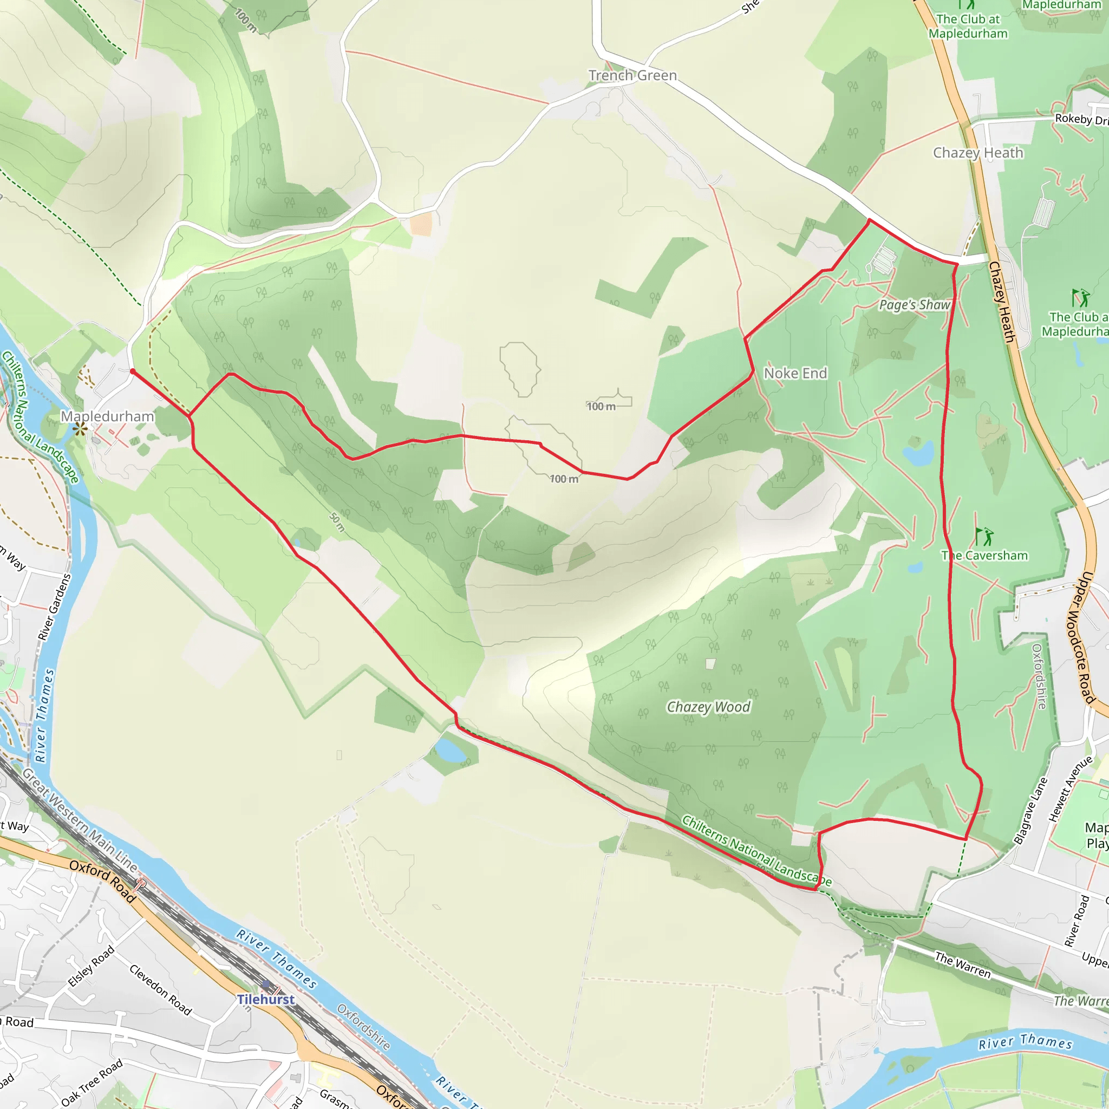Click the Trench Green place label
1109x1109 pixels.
[x=632, y=75]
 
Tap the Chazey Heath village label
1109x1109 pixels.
[x=978, y=153]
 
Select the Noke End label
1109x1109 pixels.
[x=795, y=373]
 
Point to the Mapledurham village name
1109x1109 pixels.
[x=107, y=416]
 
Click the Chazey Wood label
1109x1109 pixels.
[x=708, y=707]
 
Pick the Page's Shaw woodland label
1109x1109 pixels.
[x=915, y=305]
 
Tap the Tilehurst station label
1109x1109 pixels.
[x=266, y=1000]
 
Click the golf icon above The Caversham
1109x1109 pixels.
[x=984, y=537]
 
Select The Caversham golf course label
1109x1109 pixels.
[x=984, y=556]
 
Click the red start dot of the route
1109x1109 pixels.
[x=133, y=371]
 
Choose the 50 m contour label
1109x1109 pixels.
[x=337, y=523]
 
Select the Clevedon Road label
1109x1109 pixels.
[x=161, y=989]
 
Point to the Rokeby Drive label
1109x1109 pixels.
[x=1081, y=119]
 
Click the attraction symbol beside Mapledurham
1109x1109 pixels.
[x=80, y=428]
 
